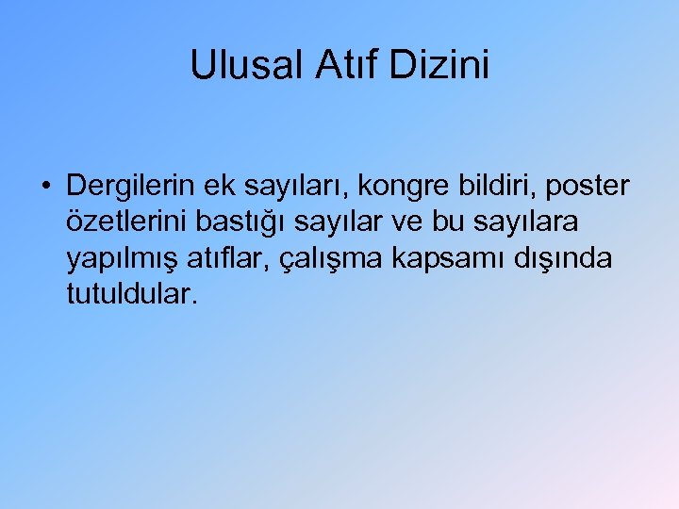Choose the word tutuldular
[133, 294]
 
